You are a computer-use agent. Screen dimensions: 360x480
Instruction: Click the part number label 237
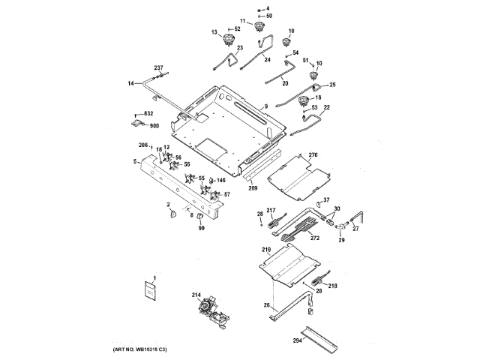159,68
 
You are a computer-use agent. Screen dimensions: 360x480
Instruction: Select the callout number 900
154,125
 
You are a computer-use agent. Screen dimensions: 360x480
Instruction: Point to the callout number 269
253,188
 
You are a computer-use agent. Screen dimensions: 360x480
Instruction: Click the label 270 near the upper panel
313,155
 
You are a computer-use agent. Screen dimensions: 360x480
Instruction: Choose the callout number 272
315,238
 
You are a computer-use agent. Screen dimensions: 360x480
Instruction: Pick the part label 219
265,249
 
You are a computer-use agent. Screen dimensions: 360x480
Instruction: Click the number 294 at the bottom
298,340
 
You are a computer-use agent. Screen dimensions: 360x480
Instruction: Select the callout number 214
196,295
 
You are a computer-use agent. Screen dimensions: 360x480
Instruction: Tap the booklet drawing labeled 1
149,292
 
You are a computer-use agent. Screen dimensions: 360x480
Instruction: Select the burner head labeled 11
261,28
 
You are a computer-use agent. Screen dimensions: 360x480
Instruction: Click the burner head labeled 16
304,101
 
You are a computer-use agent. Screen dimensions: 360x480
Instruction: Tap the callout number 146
221,181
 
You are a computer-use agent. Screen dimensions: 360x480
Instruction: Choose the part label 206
142,144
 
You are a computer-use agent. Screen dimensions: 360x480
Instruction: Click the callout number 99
201,227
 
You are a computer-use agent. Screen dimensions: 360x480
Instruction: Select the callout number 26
266,305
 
